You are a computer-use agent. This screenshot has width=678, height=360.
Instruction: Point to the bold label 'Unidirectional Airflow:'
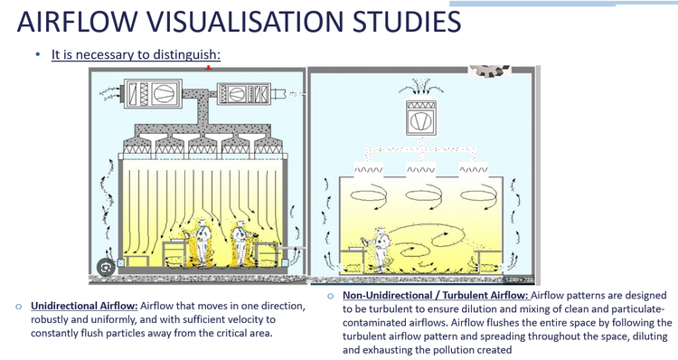coord(84,306)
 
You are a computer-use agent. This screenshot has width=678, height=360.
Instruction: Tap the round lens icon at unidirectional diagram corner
coord(107,268)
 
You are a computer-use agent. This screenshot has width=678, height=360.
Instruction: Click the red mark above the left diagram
coord(209,68)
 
